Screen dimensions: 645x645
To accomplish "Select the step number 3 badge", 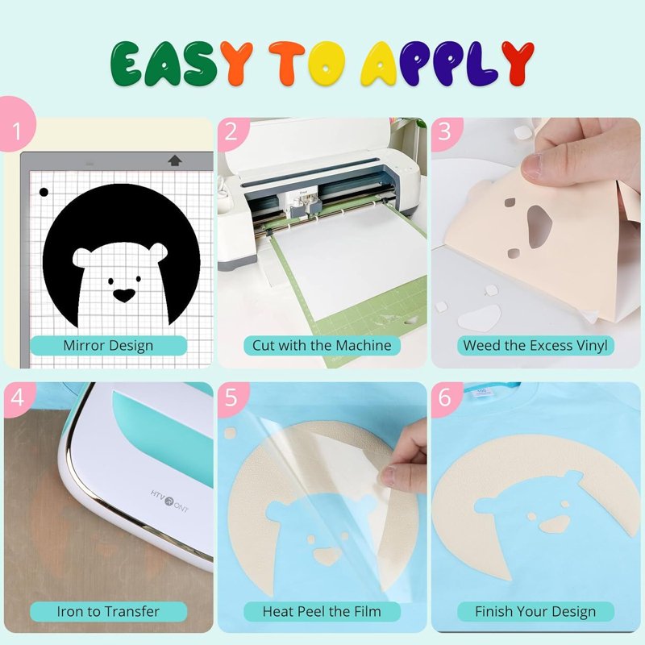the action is click(x=446, y=131).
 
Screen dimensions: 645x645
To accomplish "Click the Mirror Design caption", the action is click(x=108, y=346).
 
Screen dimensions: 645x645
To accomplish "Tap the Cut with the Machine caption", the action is click(x=322, y=346).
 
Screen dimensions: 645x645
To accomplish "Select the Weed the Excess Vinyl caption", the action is click(x=535, y=346).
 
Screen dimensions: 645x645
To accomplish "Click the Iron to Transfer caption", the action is click(x=108, y=611).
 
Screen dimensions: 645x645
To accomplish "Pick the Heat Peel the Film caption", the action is click(x=322, y=611).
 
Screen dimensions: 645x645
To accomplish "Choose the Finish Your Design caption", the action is click(x=535, y=611).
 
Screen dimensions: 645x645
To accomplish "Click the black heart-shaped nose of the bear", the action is click(x=124, y=295).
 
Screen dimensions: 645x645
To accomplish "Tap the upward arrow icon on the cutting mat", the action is click(x=175, y=160).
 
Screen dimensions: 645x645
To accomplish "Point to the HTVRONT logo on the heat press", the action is click(x=169, y=501).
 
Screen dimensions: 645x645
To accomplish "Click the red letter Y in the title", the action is click(x=518, y=63).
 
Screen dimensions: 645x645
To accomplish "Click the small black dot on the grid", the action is click(x=44, y=192).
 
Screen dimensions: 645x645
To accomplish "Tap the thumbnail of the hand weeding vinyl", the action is click(x=535, y=243).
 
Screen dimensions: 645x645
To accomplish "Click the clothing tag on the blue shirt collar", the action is click(x=481, y=391).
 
